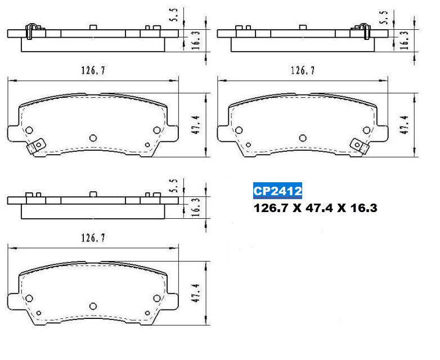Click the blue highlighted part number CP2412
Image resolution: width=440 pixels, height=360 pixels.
(277, 191)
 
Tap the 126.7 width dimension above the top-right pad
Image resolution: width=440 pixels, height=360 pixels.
(302, 71)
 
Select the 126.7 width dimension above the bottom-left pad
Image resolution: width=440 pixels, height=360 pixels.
(93, 238)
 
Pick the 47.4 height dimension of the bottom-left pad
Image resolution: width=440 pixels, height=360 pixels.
(195, 292)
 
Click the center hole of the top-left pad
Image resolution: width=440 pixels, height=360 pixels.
(93, 137)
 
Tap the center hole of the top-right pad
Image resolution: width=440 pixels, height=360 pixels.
(303, 137)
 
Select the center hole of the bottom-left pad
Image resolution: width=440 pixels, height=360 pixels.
(93, 304)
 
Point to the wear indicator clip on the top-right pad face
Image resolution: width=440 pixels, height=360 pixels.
(358, 146)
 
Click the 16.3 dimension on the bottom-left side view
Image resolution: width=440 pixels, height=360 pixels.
(195, 206)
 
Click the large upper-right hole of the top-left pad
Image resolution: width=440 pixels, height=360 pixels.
(156, 130)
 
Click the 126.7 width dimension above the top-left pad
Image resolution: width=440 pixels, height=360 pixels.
(93, 71)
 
